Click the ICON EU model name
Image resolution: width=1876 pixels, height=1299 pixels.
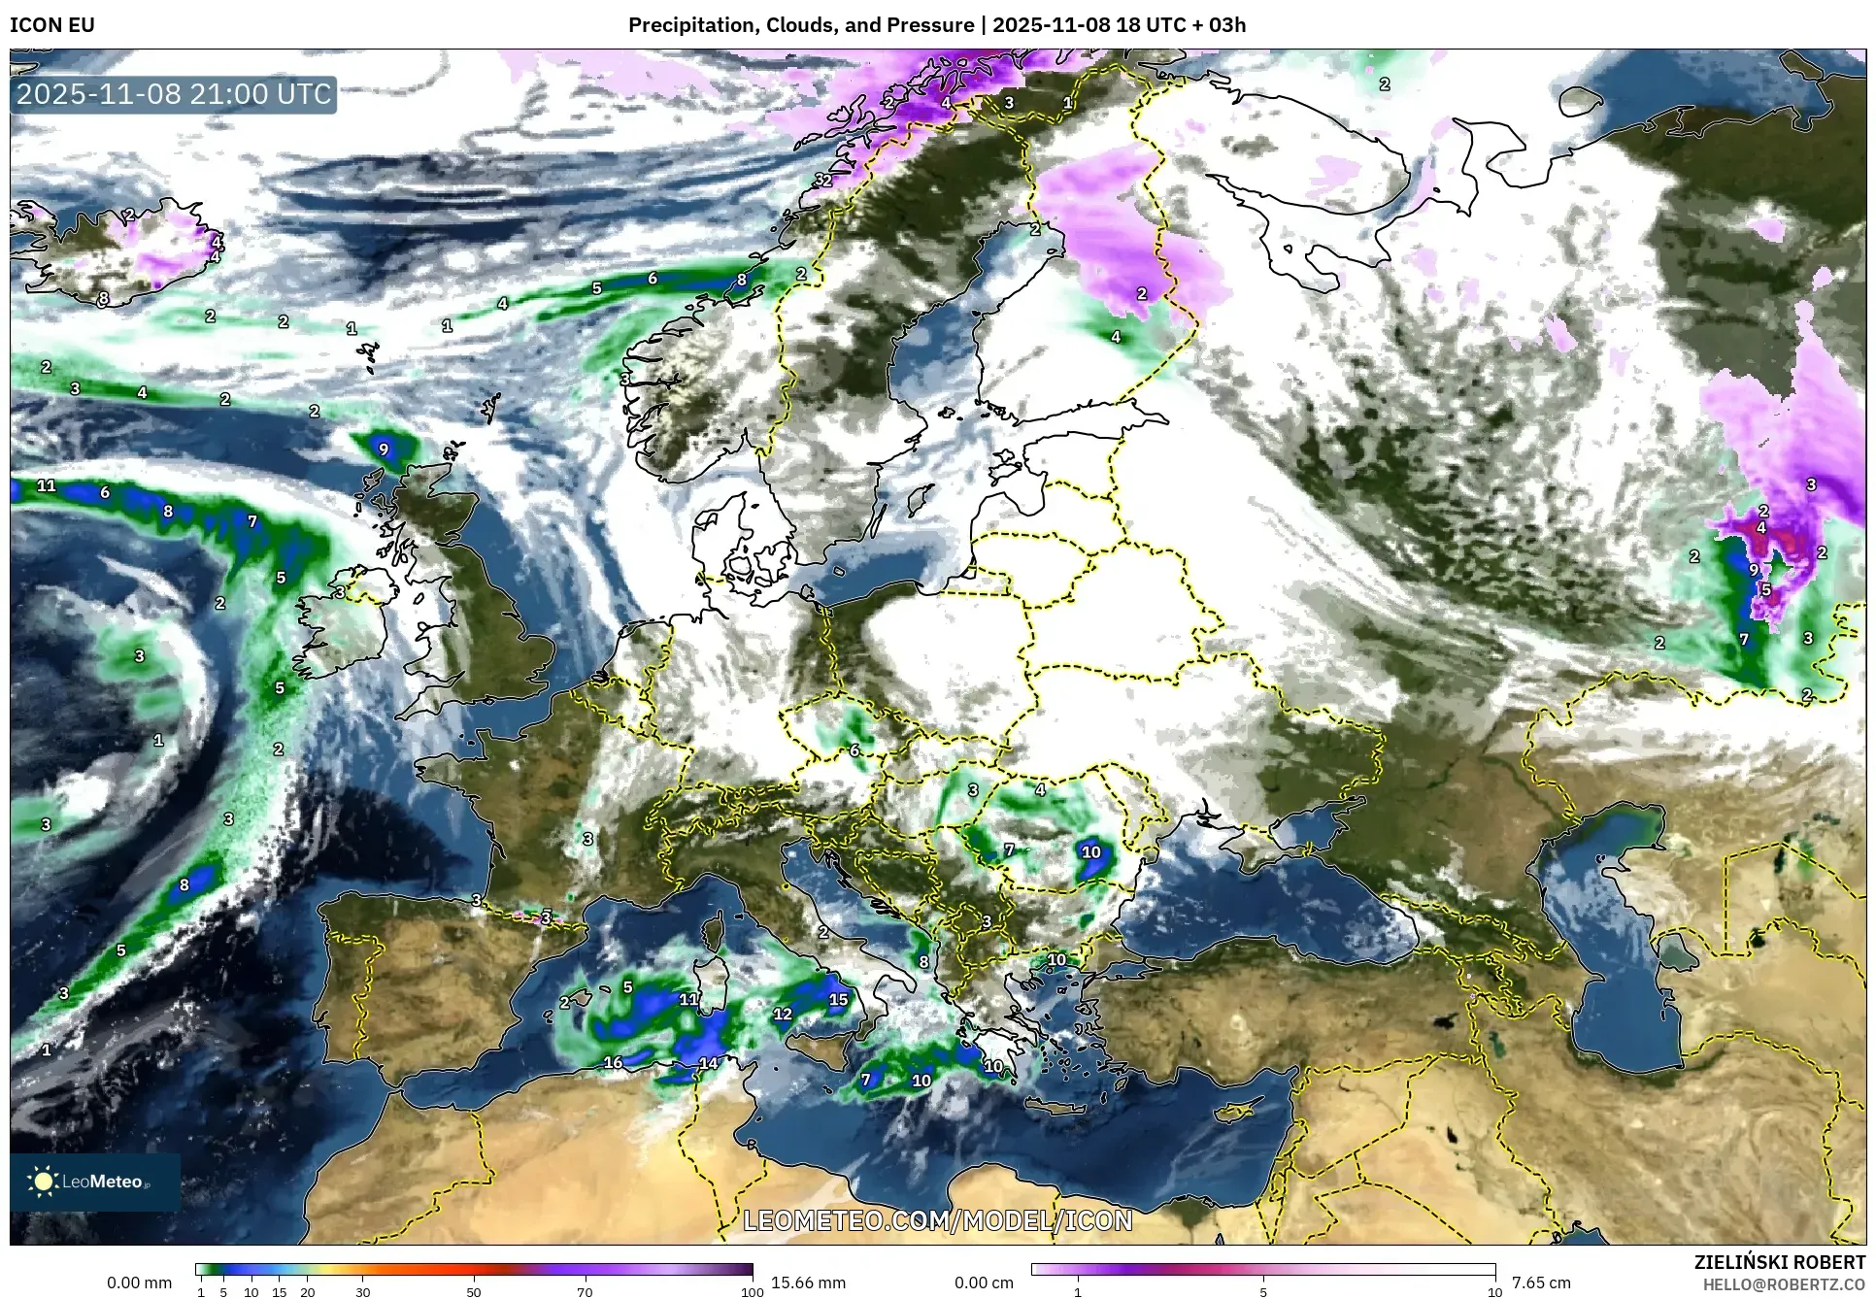52,25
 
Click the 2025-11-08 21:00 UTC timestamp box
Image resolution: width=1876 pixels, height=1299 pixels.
174,94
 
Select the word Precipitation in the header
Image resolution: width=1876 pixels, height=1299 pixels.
690,25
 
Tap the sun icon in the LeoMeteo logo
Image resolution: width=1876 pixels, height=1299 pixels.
43,1182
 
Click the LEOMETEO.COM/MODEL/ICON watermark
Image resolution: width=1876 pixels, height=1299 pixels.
938,1220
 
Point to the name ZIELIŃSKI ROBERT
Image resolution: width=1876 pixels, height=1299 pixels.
1780,1262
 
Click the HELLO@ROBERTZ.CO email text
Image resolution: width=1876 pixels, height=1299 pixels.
1784,1284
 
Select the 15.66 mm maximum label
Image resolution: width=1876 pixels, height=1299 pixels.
808,1282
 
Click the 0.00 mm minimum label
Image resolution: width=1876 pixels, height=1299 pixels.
139,1282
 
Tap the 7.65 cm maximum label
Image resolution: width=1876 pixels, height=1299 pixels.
1541,1282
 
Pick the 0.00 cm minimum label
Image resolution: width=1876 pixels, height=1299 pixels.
984,1282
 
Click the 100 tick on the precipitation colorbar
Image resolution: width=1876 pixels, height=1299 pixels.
753,1292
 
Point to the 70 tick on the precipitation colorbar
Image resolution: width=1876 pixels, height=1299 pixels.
585,1292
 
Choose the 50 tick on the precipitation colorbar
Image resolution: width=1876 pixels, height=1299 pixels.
474,1292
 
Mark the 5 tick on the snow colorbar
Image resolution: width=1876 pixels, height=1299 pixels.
1263,1292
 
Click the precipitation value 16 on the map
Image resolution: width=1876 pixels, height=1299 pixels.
613,1063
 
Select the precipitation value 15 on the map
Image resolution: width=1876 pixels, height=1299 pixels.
839,999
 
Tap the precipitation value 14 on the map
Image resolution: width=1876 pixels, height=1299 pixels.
709,1063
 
